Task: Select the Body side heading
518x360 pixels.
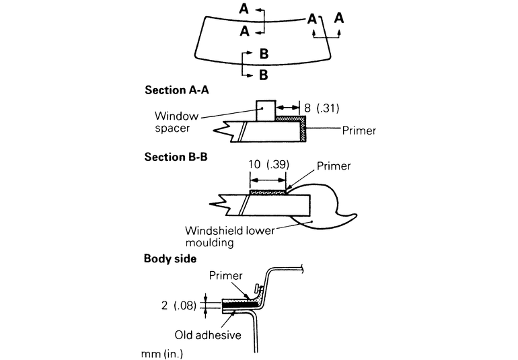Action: [x=170, y=258]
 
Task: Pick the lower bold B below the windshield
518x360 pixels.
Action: [x=264, y=73]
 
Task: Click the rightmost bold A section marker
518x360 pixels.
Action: [x=339, y=17]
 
